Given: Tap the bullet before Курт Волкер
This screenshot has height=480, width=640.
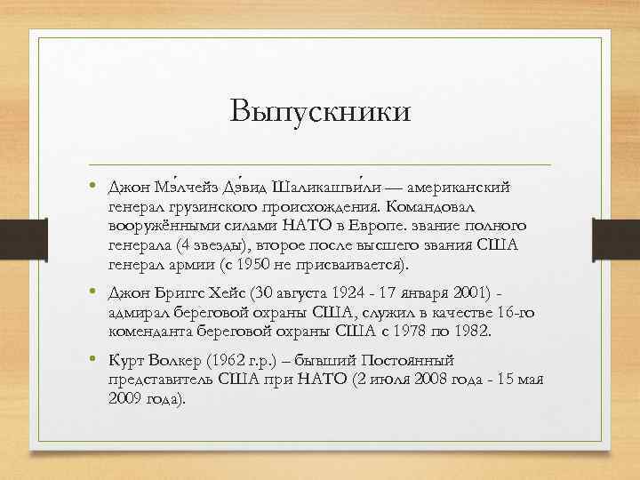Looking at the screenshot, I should tap(92, 361).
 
